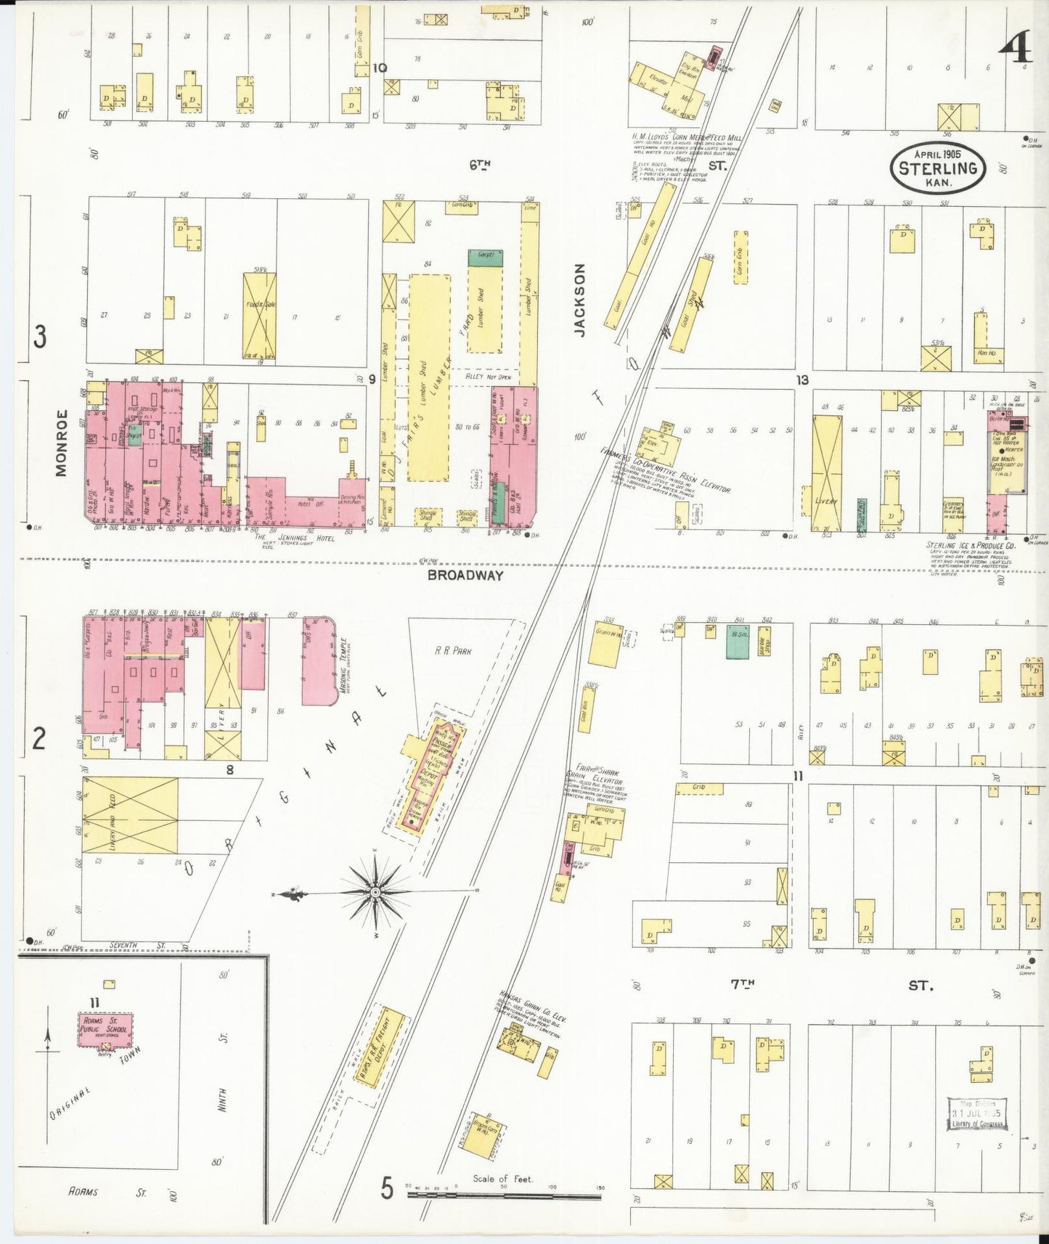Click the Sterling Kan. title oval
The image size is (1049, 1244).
coord(938,168)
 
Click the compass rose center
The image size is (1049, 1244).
coord(375,891)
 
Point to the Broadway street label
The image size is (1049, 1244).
coord(465,576)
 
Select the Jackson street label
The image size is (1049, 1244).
coord(579,299)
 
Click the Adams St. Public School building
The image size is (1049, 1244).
coord(106,1030)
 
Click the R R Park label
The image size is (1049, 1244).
coord(453,651)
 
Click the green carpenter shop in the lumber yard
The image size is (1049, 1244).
coord(486,255)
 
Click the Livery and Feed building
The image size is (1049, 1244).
coord(130,814)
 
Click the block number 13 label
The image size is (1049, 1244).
coord(801,380)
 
